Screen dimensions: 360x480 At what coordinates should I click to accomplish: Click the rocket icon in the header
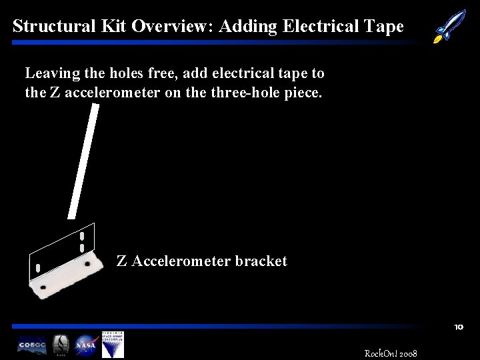point(450,25)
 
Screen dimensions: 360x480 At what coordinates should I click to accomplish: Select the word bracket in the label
point(261,261)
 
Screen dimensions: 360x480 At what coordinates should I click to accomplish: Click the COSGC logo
point(32,345)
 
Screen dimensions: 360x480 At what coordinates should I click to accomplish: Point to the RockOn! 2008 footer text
point(391,353)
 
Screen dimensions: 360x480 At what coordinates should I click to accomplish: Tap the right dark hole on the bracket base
point(87,265)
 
